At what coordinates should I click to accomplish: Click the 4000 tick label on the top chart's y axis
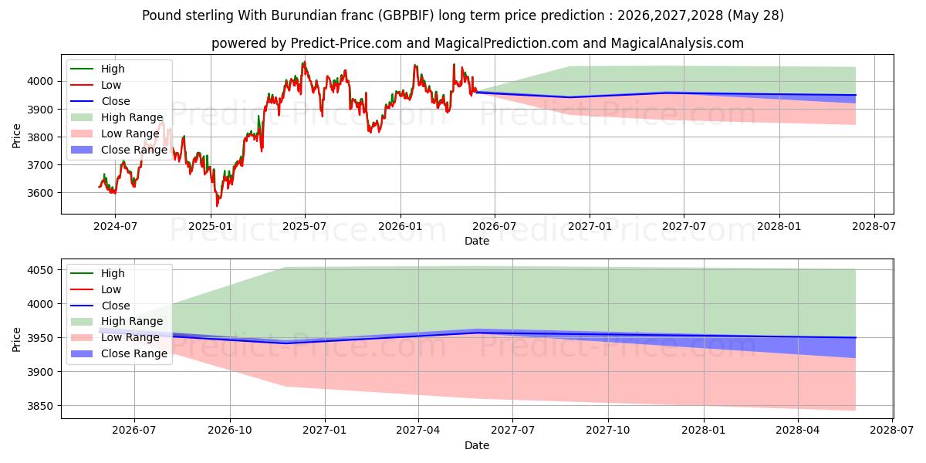tap(40, 82)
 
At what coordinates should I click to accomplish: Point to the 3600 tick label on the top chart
tap(40, 193)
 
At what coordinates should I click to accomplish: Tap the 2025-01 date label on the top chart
tap(211, 227)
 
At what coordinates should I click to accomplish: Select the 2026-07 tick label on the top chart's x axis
tap(495, 227)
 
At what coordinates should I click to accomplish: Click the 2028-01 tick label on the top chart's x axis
tap(779, 227)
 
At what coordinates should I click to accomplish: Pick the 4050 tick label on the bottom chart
tap(40, 270)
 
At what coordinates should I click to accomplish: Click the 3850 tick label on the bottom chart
tap(40, 407)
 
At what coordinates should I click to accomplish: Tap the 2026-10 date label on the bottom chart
tap(230, 431)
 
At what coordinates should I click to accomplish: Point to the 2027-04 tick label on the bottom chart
tap(418, 431)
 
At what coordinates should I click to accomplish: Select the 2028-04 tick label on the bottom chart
tap(798, 431)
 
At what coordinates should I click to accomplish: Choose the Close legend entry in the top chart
tap(100, 101)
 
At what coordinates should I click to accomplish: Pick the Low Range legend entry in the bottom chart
tap(115, 337)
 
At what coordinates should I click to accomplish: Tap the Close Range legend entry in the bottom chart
tap(119, 353)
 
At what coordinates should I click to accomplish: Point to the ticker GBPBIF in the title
tap(407, 15)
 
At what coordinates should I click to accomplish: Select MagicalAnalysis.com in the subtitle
tap(678, 43)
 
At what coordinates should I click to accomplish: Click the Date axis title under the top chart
tap(477, 241)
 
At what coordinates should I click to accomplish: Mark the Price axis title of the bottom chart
tap(16, 340)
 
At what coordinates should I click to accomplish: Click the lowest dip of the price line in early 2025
tap(217, 206)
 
